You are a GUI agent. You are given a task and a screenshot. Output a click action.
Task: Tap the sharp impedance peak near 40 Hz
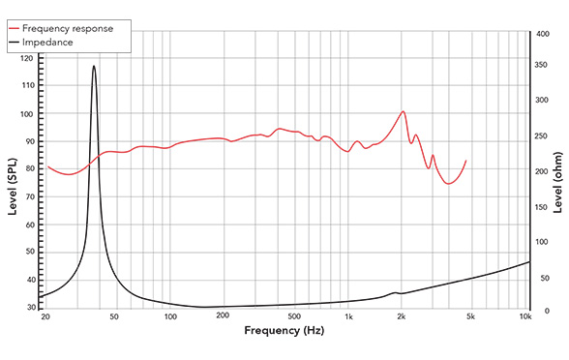click(94, 66)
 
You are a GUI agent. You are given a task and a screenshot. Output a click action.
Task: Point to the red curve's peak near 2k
click(404, 111)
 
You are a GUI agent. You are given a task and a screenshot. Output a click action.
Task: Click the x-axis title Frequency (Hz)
click(284, 331)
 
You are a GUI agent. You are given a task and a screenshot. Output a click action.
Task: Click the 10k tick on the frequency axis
click(525, 316)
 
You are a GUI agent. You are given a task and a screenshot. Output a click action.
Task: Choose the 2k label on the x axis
click(401, 316)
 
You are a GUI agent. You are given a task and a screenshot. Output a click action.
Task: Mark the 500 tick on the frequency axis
click(294, 316)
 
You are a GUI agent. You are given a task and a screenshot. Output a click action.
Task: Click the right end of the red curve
click(466, 161)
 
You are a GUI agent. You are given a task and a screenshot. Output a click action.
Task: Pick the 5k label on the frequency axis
click(471, 316)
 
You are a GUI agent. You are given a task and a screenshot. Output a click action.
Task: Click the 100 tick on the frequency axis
click(170, 316)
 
